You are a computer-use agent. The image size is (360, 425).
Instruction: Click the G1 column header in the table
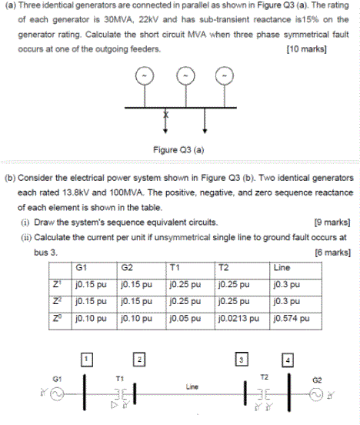(81, 268)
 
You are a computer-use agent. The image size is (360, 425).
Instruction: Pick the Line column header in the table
(282, 268)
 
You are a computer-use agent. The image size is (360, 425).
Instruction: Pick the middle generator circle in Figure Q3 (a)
(185, 77)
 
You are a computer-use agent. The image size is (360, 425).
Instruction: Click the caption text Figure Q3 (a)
(178, 149)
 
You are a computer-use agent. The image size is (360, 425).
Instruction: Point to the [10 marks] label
(306, 49)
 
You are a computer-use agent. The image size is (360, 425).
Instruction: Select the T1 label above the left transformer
(118, 378)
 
